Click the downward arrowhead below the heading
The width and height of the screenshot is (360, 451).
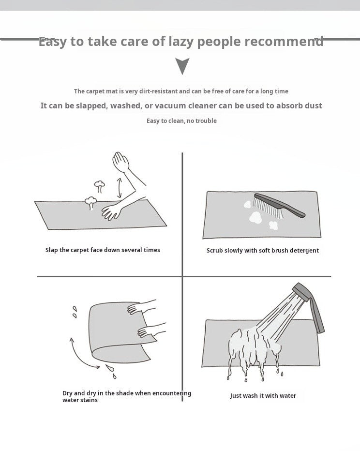[182, 66]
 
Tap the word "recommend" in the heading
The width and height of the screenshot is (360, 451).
[284, 42]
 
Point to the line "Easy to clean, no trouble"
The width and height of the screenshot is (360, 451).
[181, 120]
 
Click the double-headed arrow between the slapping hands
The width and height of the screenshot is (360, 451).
[119, 188]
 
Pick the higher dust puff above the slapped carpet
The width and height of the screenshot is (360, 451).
[99, 184]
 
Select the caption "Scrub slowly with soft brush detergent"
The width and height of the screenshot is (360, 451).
[262, 251]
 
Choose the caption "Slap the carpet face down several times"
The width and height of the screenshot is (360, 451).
[103, 250]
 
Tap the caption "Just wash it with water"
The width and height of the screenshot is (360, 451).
[263, 396]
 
